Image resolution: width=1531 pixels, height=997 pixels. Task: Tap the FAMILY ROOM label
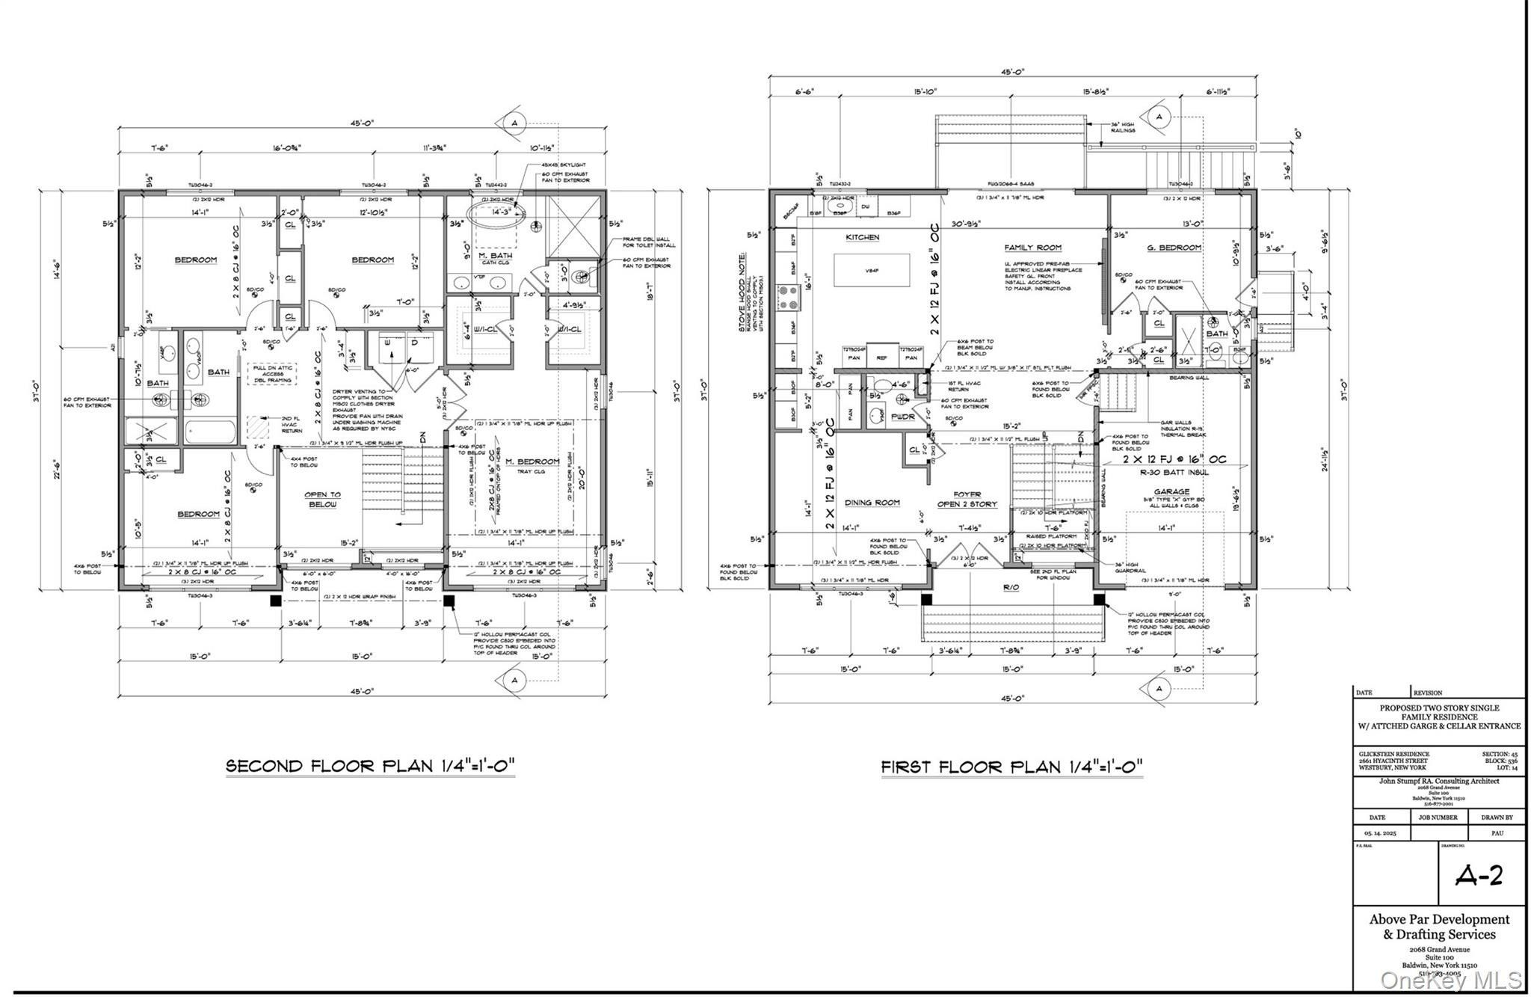click(1032, 247)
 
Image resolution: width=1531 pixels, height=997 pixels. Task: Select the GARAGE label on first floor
click(1171, 491)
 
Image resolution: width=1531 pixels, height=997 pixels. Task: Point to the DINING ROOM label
click(872, 503)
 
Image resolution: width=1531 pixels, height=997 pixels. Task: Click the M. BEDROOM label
click(532, 461)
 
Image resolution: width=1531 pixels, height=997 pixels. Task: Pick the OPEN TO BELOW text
click(322, 499)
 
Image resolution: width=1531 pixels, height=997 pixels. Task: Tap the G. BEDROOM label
click(1174, 248)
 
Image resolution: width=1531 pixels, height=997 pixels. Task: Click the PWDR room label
click(902, 417)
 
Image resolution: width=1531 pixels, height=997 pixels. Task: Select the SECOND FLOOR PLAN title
click(371, 766)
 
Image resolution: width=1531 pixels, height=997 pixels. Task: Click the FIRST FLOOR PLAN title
click(1011, 767)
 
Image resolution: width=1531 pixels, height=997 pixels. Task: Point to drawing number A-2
click(1479, 876)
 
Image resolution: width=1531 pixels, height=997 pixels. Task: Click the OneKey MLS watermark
click(1450, 979)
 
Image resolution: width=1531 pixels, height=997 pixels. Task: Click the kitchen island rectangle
click(872, 270)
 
